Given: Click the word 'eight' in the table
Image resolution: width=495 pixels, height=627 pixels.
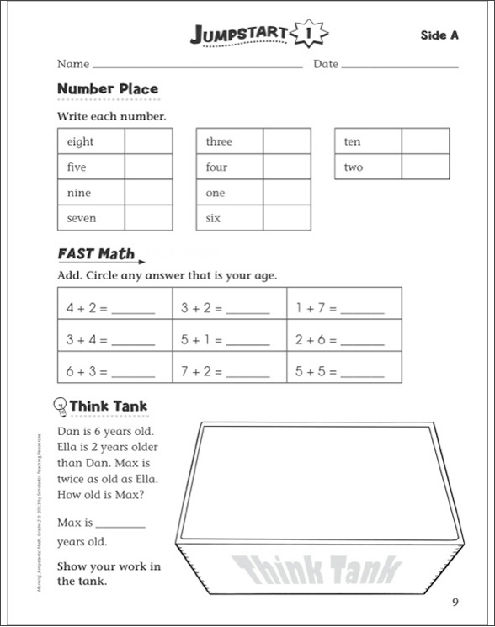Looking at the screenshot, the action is point(80,142).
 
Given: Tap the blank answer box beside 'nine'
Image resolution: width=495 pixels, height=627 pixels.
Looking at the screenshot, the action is point(148,193).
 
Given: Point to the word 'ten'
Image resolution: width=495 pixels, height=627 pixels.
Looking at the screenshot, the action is point(352,142).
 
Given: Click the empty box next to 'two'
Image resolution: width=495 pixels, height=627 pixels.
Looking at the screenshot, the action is point(425,167).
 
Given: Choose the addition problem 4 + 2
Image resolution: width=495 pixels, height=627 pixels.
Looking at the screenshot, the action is point(87,309).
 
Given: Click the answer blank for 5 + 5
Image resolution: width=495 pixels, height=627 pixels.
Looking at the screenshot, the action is point(362,371).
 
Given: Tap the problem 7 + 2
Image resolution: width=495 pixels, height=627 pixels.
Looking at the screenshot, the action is point(201,371).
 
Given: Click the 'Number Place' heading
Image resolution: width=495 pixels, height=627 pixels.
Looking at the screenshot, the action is point(107,89).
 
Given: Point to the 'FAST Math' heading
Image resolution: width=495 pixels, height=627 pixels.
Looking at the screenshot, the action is point(95,253).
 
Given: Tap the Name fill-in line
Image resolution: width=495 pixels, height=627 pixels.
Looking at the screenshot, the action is point(197,66).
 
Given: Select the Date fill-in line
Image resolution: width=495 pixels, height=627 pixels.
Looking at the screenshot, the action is point(400,66).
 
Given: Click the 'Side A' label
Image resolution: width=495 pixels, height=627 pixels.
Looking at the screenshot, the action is point(439,35).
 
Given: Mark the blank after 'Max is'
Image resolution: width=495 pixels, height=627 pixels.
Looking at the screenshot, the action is point(121,525).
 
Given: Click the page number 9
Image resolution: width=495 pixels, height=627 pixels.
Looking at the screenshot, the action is point(455,601).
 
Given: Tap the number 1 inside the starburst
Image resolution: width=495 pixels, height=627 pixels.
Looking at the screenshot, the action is point(309,35).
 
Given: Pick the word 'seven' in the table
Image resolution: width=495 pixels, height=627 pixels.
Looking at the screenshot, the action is point(82,218).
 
